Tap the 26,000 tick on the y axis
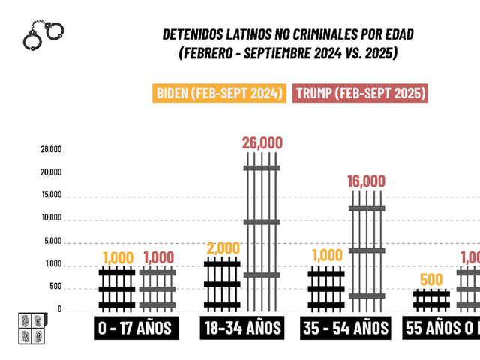pyautogui.click(x=51, y=148)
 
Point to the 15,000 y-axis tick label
pyautogui.click(x=51, y=195)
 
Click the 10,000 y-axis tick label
pyautogui.click(x=51, y=218)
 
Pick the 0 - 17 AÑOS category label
pyautogui.click(x=134, y=328)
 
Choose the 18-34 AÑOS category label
pyautogui.click(x=241, y=328)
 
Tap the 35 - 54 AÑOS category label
pyautogui.click(x=345, y=328)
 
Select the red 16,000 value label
pyautogui.click(x=366, y=181)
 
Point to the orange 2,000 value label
pyautogui.click(x=222, y=248)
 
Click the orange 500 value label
pyautogui.click(x=431, y=280)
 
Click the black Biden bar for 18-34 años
pyautogui.click(x=222, y=284)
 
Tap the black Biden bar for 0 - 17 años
pyautogui.click(x=117, y=288)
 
